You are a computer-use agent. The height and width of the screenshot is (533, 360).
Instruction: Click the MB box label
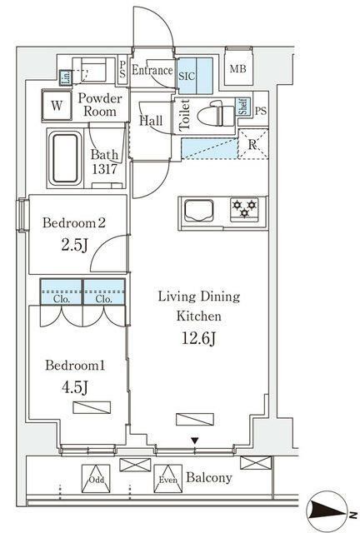[237, 70]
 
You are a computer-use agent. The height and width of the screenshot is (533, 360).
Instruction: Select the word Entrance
[152, 71]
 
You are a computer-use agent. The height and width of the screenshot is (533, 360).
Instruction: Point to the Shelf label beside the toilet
[242, 106]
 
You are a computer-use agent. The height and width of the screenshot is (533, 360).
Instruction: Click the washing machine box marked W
[57, 106]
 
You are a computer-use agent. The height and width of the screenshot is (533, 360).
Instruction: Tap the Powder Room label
[101, 106]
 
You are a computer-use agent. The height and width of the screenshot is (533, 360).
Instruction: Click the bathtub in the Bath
[64, 158]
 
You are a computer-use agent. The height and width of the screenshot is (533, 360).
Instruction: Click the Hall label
[151, 121]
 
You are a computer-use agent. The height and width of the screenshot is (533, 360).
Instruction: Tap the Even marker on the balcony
[167, 479]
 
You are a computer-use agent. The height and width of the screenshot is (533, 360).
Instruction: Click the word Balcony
[209, 479]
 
